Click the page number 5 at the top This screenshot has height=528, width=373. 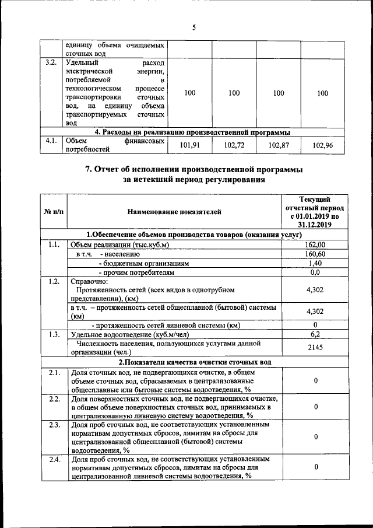pos(193,27)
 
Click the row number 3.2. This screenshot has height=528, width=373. pos(51,62)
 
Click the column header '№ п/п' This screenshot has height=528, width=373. pos(54,211)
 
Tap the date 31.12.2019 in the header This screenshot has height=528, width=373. pos(315,224)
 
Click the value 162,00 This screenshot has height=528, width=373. pos(315,244)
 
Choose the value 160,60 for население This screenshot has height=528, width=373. pos(315,254)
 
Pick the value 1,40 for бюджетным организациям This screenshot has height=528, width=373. pos(315,263)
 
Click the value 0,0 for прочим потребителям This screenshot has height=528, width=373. pos(315,272)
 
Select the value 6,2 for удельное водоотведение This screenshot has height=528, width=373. pos(315,334)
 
